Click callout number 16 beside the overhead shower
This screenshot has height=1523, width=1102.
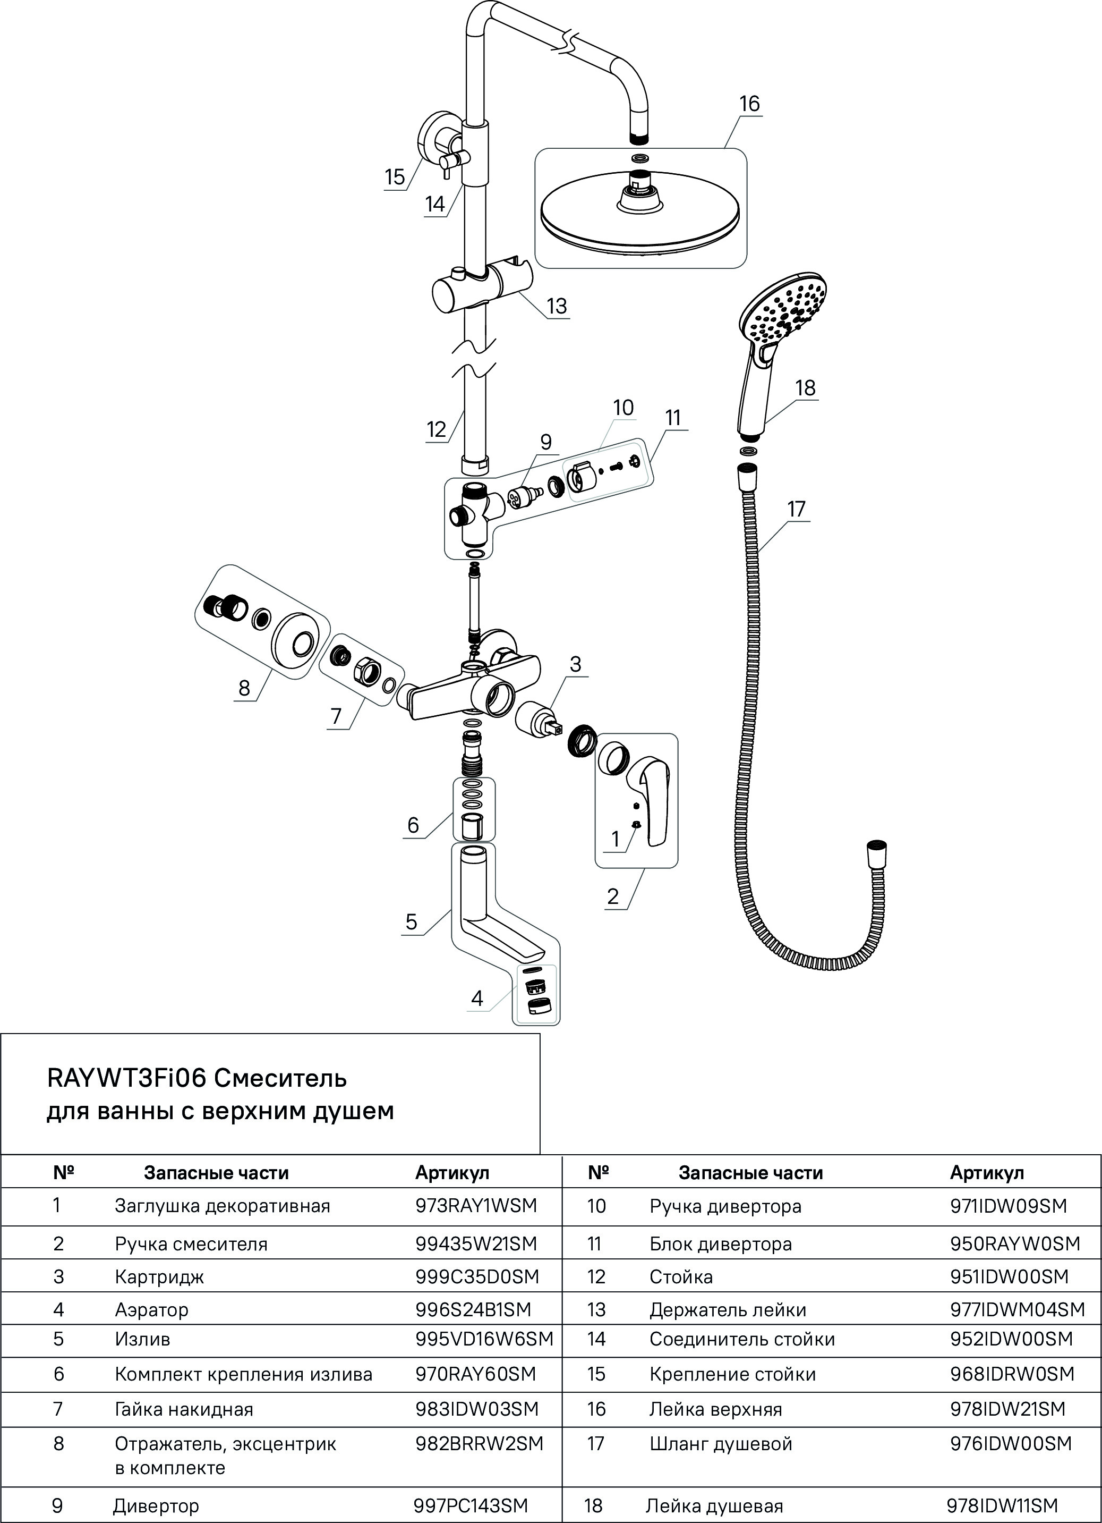click(749, 104)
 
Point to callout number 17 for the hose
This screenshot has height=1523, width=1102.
click(796, 509)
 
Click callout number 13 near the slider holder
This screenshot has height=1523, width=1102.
click(557, 306)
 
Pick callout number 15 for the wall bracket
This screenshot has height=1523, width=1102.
click(395, 177)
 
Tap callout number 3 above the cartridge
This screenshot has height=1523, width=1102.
click(575, 664)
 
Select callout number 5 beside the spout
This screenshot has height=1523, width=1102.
click(412, 922)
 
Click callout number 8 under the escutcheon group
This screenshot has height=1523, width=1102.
click(244, 688)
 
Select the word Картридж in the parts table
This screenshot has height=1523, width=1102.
click(159, 1276)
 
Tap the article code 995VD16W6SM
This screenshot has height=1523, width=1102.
click(484, 1339)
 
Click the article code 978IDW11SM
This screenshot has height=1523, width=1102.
click(1001, 1505)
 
